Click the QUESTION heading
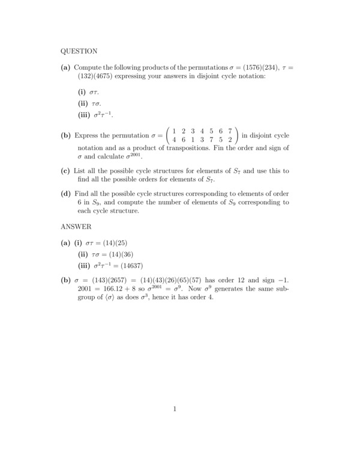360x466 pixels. (x=79, y=51)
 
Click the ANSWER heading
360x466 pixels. (x=76, y=226)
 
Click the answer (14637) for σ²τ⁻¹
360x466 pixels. (x=131, y=266)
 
